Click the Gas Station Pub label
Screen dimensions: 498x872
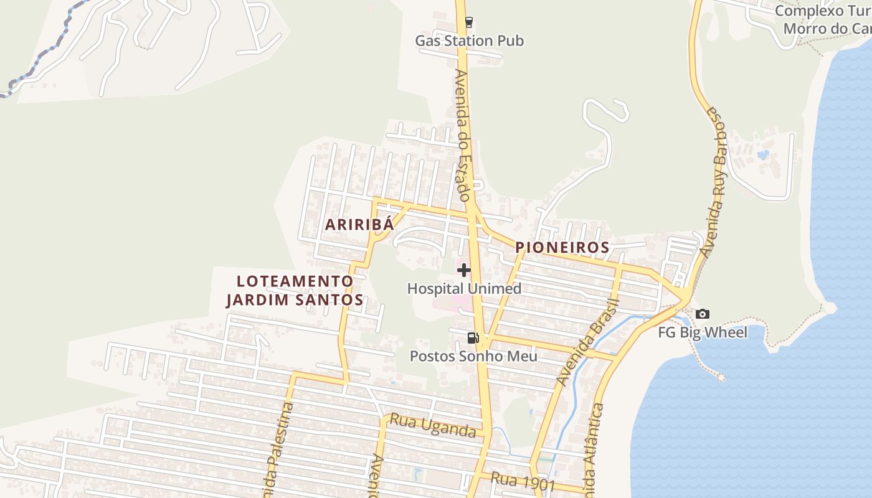[469, 41]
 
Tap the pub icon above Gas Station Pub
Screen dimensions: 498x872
[468, 22]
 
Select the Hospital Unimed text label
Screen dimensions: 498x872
[464, 289]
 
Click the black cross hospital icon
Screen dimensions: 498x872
[464, 270]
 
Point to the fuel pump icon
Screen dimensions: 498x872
[473, 338]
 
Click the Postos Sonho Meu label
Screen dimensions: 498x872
[473, 357]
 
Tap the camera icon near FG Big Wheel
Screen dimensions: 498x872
[703, 314]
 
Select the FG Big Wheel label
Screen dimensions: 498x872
[703, 332]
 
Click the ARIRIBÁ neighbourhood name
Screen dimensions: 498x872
[359, 225]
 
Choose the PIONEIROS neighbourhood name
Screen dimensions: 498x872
[562, 248]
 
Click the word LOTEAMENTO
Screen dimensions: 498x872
[295, 281]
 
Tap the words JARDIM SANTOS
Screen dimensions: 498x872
[295, 300]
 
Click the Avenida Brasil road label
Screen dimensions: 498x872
[588, 342]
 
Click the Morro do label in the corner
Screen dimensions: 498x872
[816, 29]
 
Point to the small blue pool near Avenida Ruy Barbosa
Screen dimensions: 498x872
[763, 154]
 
